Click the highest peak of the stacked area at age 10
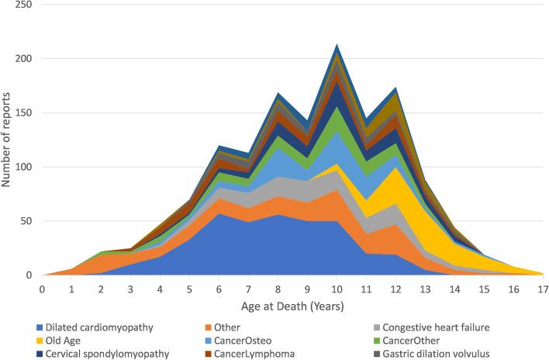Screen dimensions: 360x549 coord(336,44)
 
